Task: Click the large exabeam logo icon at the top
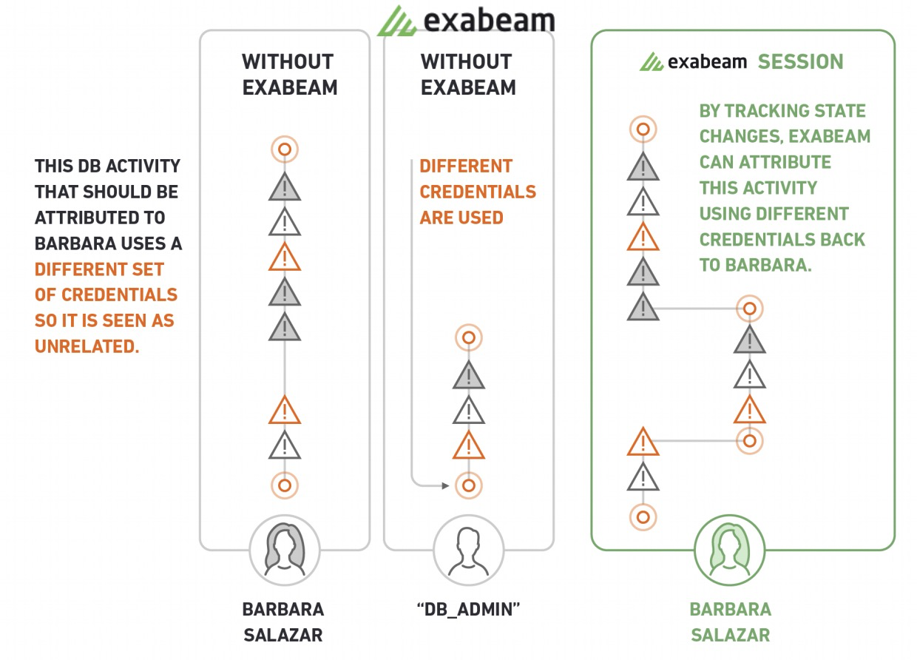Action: click(397, 21)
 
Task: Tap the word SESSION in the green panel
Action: click(800, 61)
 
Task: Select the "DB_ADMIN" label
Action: click(469, 609)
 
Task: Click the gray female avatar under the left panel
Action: click(285, 549)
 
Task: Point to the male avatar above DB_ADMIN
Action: click(468, 550)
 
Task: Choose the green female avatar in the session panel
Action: click(729, 549)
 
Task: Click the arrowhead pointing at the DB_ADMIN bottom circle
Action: click(444, 486)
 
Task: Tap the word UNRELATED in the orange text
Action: click(87, 346)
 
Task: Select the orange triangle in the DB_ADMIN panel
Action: click(468, 445)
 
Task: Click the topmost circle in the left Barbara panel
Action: click(285, 149)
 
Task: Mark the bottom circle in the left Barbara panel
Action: click(285, 486)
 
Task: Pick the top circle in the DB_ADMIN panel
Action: click(468, 338)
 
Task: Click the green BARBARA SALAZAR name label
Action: click(730, 622)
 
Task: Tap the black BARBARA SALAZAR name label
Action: click(283, 622)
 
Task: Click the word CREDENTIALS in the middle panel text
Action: click(478, 192)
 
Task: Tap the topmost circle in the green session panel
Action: click(643, 129)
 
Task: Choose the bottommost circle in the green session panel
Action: click(643, 516)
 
